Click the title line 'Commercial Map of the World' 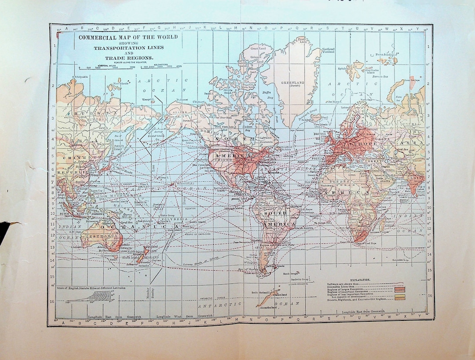coord(128,37)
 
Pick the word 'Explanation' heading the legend coord(360,280)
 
